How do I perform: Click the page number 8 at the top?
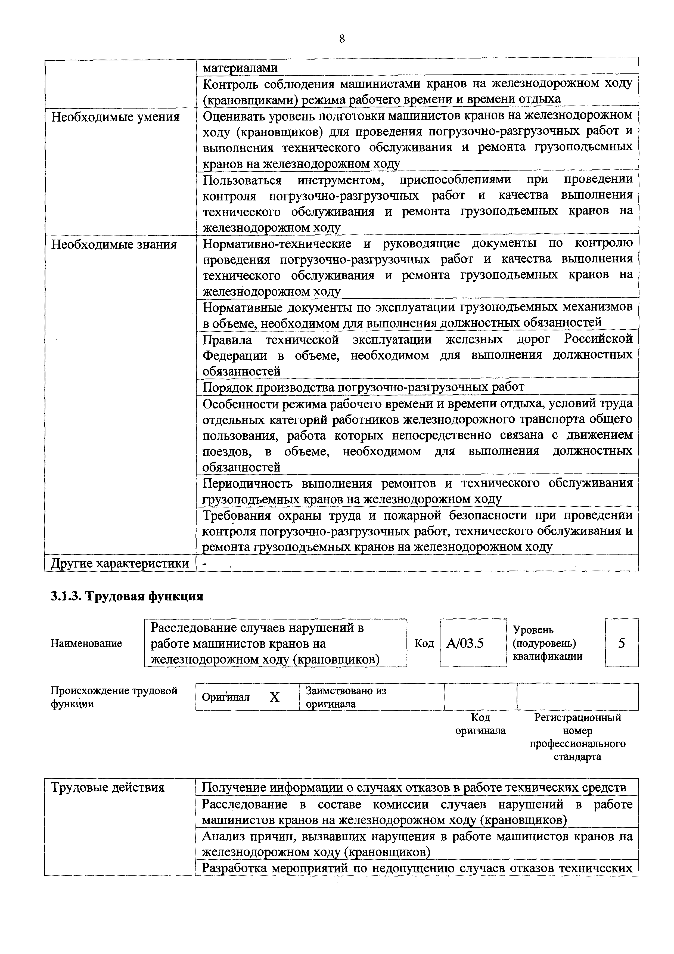[341, 39]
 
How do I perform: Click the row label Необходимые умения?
[116, 117]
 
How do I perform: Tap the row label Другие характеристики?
[120, 563]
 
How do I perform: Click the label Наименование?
[86, 644]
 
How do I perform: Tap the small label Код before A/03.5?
[424, 644]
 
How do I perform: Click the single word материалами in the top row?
[240, 68]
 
